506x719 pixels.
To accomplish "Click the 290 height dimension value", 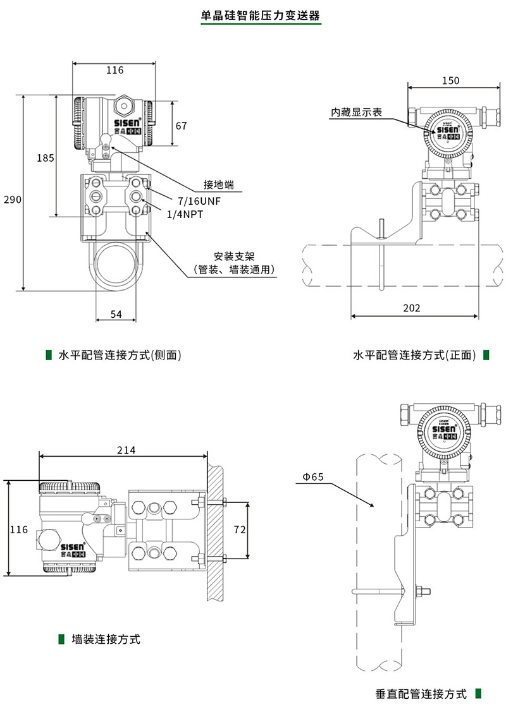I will (x=13, y=200).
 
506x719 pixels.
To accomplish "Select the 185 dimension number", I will (x=45, y=158).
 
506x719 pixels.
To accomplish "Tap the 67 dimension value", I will (x=182, y=126).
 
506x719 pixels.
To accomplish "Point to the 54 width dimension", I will (x=116, y=314).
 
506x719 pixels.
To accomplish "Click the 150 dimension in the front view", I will (x=450, y=80).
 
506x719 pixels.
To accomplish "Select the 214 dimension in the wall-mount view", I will (x=126, y=450).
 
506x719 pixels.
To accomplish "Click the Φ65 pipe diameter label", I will (x=312, y=477).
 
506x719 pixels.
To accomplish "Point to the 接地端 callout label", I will (x=219, y=184).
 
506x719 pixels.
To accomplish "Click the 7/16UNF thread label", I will (x=198, y=201).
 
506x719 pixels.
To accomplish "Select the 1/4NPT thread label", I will (x=185, y=214).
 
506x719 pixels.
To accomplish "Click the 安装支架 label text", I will (x=234, y=257).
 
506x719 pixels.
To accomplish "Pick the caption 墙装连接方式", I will (x=106, y=639).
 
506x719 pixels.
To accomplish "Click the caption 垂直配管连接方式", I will (x=421, y=694).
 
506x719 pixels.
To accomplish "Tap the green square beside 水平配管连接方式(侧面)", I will (x=49, y=355).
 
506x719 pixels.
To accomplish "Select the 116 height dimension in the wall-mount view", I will (x=19, y=529).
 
